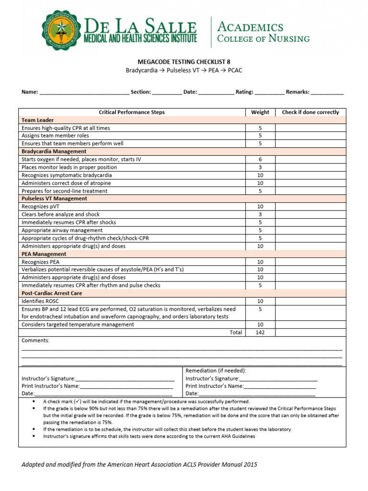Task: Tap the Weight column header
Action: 260,112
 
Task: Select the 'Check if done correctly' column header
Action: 310,112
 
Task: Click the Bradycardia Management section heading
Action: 54,152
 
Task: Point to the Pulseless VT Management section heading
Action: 54,199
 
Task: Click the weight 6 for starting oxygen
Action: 260,159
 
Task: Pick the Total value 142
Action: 260,332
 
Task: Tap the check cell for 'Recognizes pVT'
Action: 310,206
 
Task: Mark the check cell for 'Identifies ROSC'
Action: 310,301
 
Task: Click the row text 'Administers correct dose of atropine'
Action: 66,183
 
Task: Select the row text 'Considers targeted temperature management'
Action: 78,325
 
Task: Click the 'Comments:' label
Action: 35,340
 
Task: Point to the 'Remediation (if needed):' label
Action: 216,371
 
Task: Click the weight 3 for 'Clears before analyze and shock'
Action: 260,214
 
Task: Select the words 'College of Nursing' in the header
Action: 263,39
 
